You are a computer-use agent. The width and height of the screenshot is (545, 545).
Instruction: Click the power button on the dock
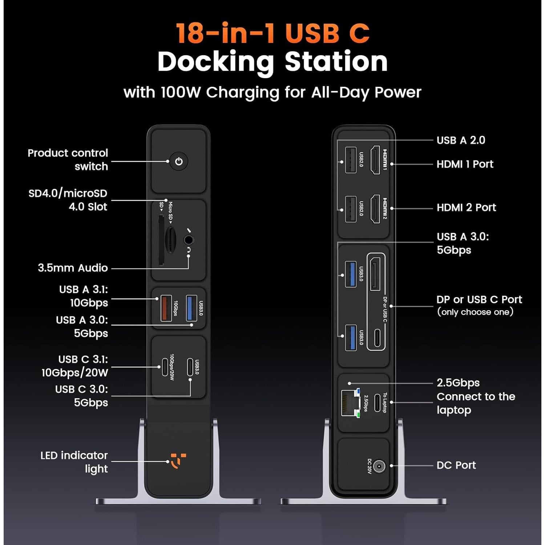[x=178, y=161]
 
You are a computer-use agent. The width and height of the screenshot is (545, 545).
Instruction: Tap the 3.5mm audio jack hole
[x=188, y=240]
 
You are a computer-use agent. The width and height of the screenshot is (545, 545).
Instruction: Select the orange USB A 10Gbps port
[x=166, y=308]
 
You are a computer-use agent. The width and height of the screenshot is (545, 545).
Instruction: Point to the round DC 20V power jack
[x=379, y=466]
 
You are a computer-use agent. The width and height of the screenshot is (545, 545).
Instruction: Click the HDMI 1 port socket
[x=375, y=160]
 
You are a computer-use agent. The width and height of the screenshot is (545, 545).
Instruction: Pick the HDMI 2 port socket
[x=375, y=209]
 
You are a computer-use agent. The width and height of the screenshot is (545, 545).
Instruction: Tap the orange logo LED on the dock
[x=178, y=461]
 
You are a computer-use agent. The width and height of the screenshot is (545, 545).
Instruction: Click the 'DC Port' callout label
[x=456, y=465]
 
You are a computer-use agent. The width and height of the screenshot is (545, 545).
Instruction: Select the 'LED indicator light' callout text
[x=74, y=462]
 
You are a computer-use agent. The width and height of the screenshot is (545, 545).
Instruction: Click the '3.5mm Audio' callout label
[x=73, y=268]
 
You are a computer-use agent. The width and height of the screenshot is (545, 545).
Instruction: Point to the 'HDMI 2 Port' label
[x=466, y=207]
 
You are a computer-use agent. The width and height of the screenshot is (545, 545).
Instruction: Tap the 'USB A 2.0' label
[x=461, y=140]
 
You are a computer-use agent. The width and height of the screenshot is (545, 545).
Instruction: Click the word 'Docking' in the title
[x=216, y=62]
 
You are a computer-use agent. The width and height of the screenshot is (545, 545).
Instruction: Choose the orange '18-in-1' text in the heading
[x=225, y=33]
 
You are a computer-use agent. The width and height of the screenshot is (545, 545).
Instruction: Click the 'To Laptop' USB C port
[x=377, y=403]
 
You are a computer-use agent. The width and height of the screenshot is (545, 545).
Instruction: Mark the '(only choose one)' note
[x=475, y=312]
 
